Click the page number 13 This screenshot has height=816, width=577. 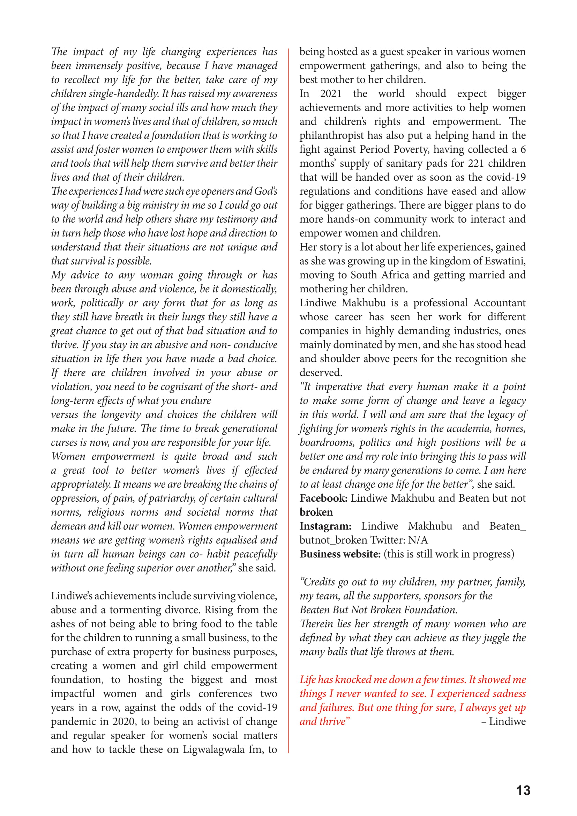click(523, 791)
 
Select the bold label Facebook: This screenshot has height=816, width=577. click(323, 498)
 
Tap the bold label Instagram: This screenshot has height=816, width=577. click(325, 526)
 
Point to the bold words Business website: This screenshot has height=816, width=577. click(340, 554)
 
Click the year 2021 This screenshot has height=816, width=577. click(331, 94)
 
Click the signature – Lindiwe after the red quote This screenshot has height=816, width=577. click(503, 722)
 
